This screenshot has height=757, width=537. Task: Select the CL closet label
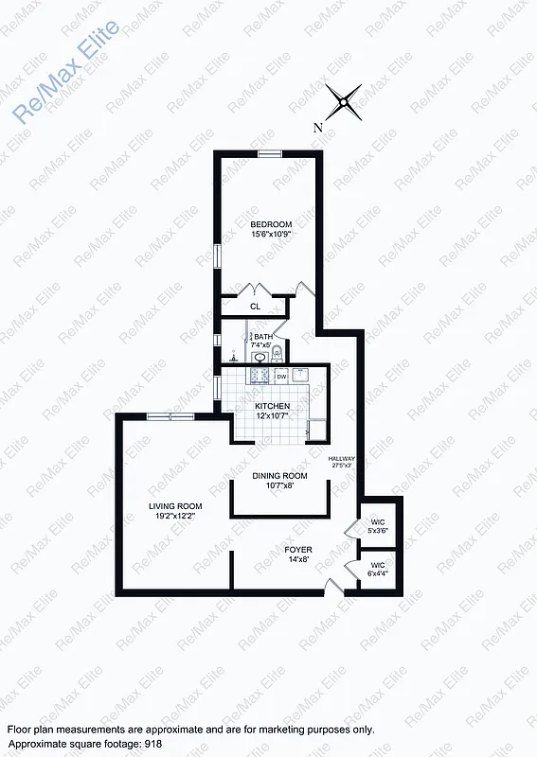tap(255, 307)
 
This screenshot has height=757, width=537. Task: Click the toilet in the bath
tap(277, 356)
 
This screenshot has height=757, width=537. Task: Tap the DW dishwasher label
tap(281, 377)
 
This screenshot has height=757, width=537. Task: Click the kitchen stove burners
tap(258, 376)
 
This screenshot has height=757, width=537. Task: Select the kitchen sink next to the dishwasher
tap(301, 375)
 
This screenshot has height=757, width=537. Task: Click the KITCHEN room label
tap(272, 406)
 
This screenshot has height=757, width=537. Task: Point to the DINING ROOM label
tap(279, 475)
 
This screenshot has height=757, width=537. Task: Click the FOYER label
tap(298, 549)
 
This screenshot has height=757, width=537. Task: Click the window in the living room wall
tap(170, 416)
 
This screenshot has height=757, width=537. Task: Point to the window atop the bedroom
tap(270, 153)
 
